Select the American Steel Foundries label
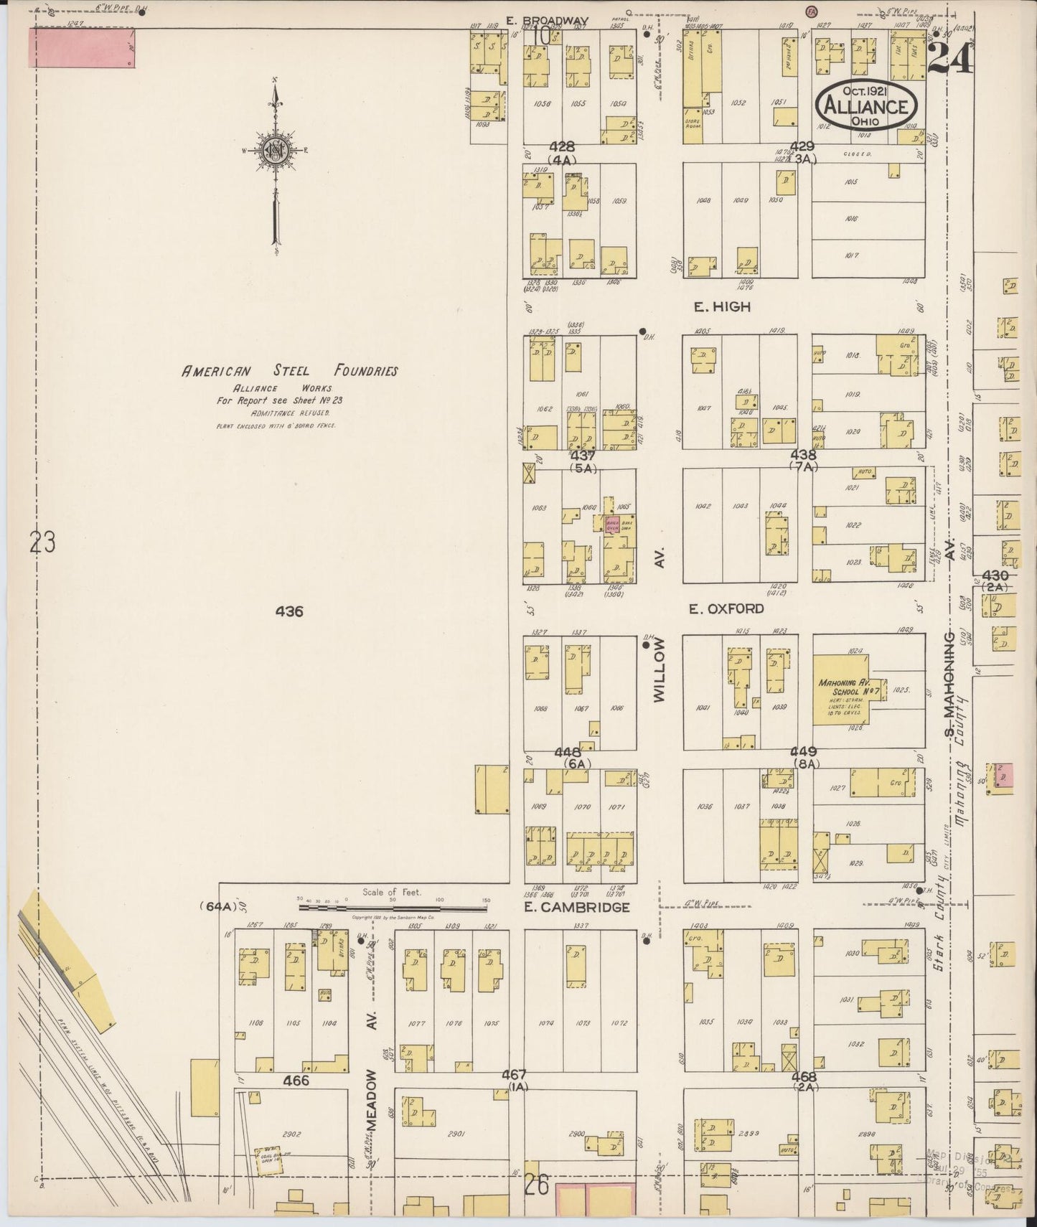pyautogui.click(x=289, y=371)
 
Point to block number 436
pyautogui.click(x=288, y=611)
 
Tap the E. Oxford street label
pyautogui.click(x=726, y=608)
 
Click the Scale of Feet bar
pyautogui.click(x=393, y=907)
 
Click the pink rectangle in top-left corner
pyautogui.click(x=82, y=47)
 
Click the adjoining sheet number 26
pyautogui.click(x=536, y=1185)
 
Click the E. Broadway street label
pyautogui.click(x=547, y=20)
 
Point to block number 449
pyautogui.click(x=804, y=751)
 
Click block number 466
pyautogui.click(x=296, y=1080)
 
